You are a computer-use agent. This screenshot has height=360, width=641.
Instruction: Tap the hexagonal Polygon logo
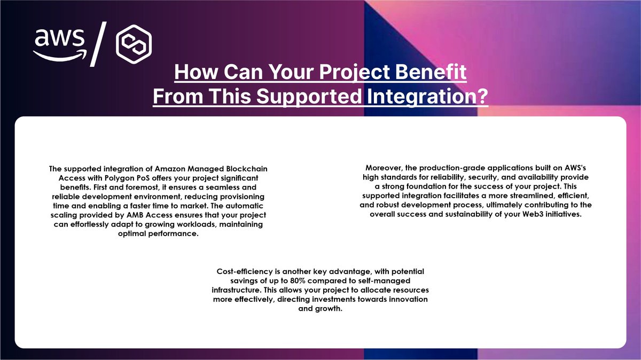click(x=134, y=44)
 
